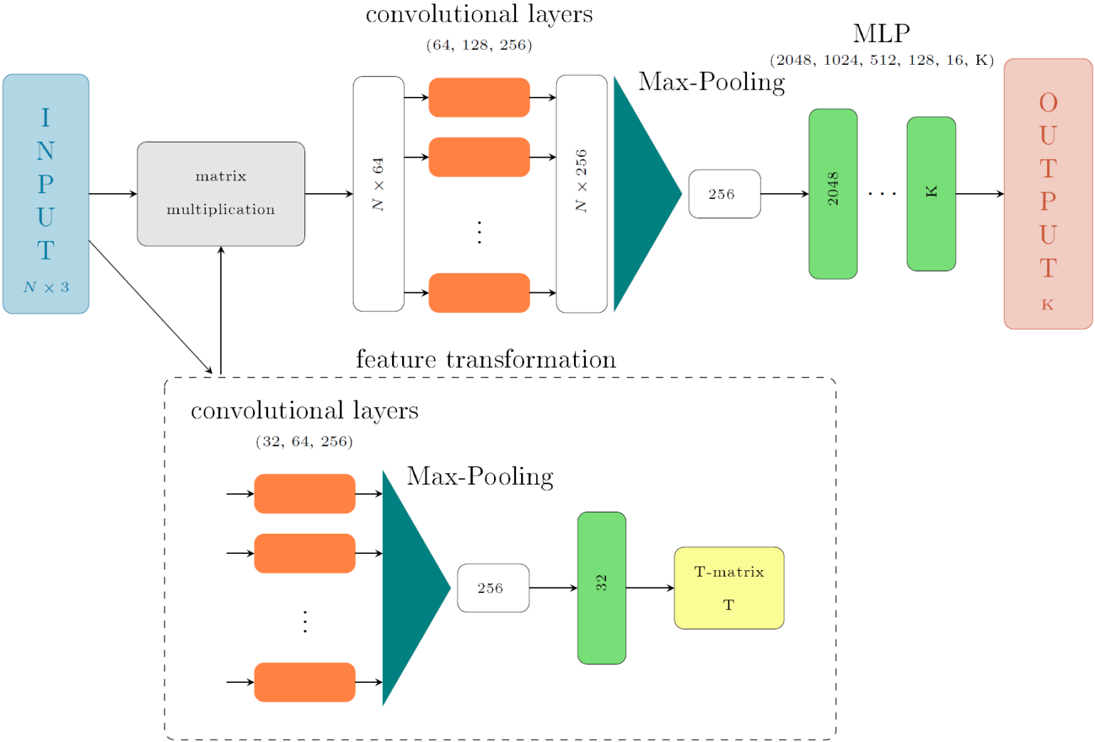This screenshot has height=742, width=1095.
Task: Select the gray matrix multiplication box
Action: point(221,194)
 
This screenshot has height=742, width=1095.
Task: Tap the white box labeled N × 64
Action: point(379,194)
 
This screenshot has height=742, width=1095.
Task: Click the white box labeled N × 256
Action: point(582,194)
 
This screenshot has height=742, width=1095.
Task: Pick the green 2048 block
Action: point(833,194)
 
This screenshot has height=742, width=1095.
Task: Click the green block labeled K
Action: point(931,194)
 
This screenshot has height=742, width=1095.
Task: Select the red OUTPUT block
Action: point(1048,194)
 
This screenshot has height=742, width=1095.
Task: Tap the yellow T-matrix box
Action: point(729,588)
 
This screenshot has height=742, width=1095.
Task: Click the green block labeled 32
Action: point(602,588)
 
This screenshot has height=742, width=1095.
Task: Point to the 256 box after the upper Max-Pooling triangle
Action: point(724,194)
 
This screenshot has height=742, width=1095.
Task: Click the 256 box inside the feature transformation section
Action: point(493,588)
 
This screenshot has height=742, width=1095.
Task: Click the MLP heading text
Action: point(881,34)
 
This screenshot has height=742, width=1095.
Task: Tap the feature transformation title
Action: point(485,359)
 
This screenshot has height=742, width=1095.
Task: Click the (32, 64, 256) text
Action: point(304,441)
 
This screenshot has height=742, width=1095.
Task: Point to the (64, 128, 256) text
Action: point(479,45)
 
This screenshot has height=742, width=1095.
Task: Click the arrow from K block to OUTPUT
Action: point(980,194)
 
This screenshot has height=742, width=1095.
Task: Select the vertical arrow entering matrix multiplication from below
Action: point(221,310)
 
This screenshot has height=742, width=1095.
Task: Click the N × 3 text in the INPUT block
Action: point(46,287)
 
